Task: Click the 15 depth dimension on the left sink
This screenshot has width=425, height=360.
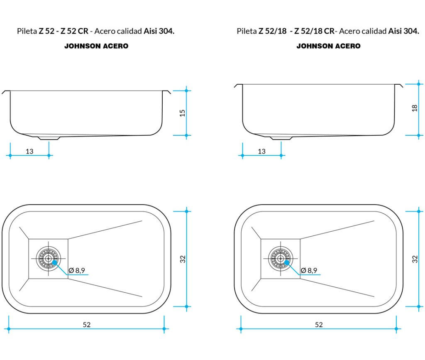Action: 183,113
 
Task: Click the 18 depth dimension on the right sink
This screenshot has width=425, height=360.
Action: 415,108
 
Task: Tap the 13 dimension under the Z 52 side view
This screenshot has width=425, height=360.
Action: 29,151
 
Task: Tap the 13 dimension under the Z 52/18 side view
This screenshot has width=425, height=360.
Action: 261,151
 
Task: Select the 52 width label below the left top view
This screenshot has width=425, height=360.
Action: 87,324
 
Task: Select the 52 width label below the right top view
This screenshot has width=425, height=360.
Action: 319,324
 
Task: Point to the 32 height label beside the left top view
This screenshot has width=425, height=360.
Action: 183,259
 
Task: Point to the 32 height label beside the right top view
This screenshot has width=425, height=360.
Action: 415,259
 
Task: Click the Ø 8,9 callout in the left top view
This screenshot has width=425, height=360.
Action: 77,270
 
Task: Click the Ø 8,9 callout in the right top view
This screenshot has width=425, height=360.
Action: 309,270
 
